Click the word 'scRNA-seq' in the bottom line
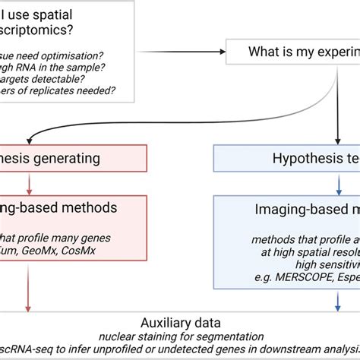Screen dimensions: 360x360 pos(22,350)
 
